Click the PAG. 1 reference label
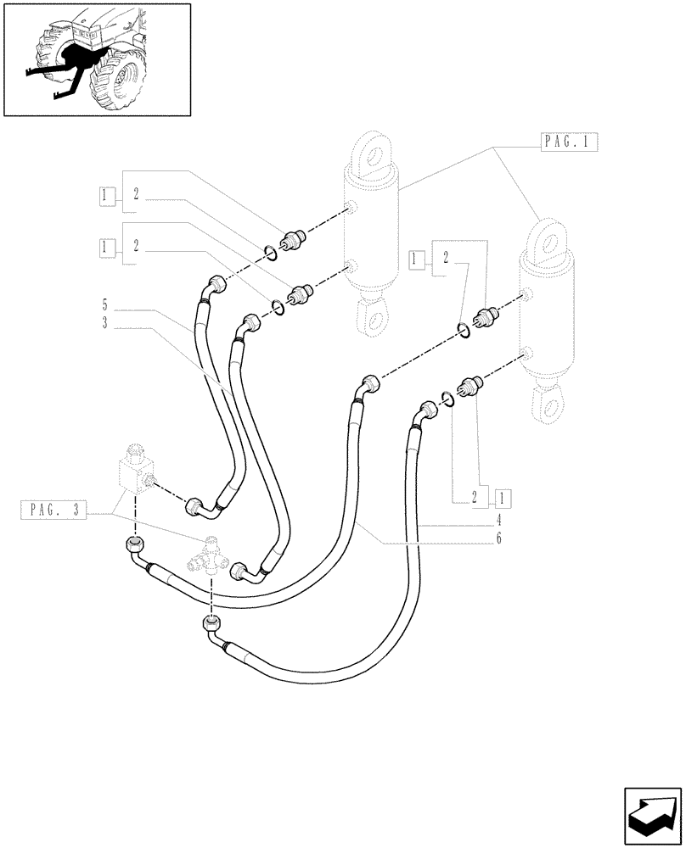570,142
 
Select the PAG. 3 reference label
53,510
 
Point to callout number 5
104,304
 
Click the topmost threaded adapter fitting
298,240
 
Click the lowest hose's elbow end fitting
211,627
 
